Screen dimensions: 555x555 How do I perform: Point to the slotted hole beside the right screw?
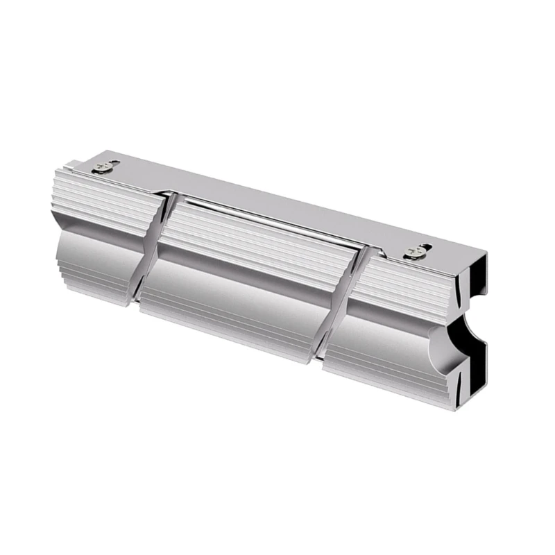[x=425, y=246]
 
